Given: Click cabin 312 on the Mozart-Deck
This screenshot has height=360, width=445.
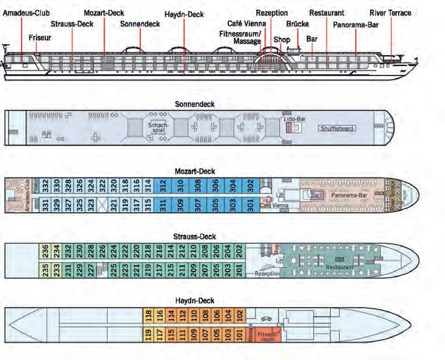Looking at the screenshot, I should pyautogui.click(x=162, y=185).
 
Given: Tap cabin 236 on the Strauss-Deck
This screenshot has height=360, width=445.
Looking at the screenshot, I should pyautogui.click(x=46, y=251).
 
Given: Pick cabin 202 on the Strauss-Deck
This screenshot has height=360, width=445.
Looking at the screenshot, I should pyautogui.click(x=240, y=251).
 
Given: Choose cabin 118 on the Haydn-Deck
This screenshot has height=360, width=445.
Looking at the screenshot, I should pyautogui.click(x=149, y=316).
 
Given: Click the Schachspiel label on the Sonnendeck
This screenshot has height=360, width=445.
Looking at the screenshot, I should pyautogui.click(x=155, y=126).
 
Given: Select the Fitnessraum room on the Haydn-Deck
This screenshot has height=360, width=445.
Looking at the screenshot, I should pyautogui.click(x=266, y=336).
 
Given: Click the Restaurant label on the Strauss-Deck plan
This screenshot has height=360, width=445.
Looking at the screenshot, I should pyautogui.click(x=339, y=267).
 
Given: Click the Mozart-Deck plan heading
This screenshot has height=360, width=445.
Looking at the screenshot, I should pyautogui.click(x=196, y=171).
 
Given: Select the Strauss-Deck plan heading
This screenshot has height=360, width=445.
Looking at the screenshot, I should pyautogui.click(x=196, y=236).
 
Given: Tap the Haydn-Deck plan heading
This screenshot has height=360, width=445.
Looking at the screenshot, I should pyautogui.click(x=196, y=301).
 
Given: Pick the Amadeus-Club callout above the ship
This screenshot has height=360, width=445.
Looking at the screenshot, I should pyautogui.click(x=27, y=12).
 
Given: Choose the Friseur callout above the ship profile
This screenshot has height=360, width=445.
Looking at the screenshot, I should pyautogui.click(x=40, y=38).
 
